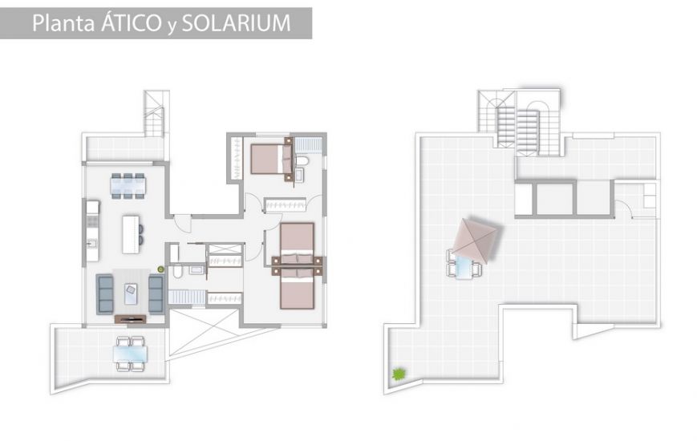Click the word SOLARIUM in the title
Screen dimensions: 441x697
coord(236,22)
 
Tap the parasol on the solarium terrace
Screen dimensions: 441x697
coord(476,240)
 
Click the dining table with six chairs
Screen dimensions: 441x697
coord(128,184)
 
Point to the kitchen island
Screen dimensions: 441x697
coord(129,234)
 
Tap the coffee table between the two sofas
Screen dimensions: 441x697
coord(130,293)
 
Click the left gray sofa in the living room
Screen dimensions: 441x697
coord(104,293)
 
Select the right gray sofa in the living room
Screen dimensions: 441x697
coord(155,293)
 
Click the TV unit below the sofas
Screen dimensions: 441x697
coord(130,319)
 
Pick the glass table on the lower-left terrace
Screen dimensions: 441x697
coord(130,351)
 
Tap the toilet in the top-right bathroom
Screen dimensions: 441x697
coord(302,162)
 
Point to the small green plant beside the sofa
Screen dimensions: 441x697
coord(160,269)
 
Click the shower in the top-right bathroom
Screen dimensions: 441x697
coord(308,144)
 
